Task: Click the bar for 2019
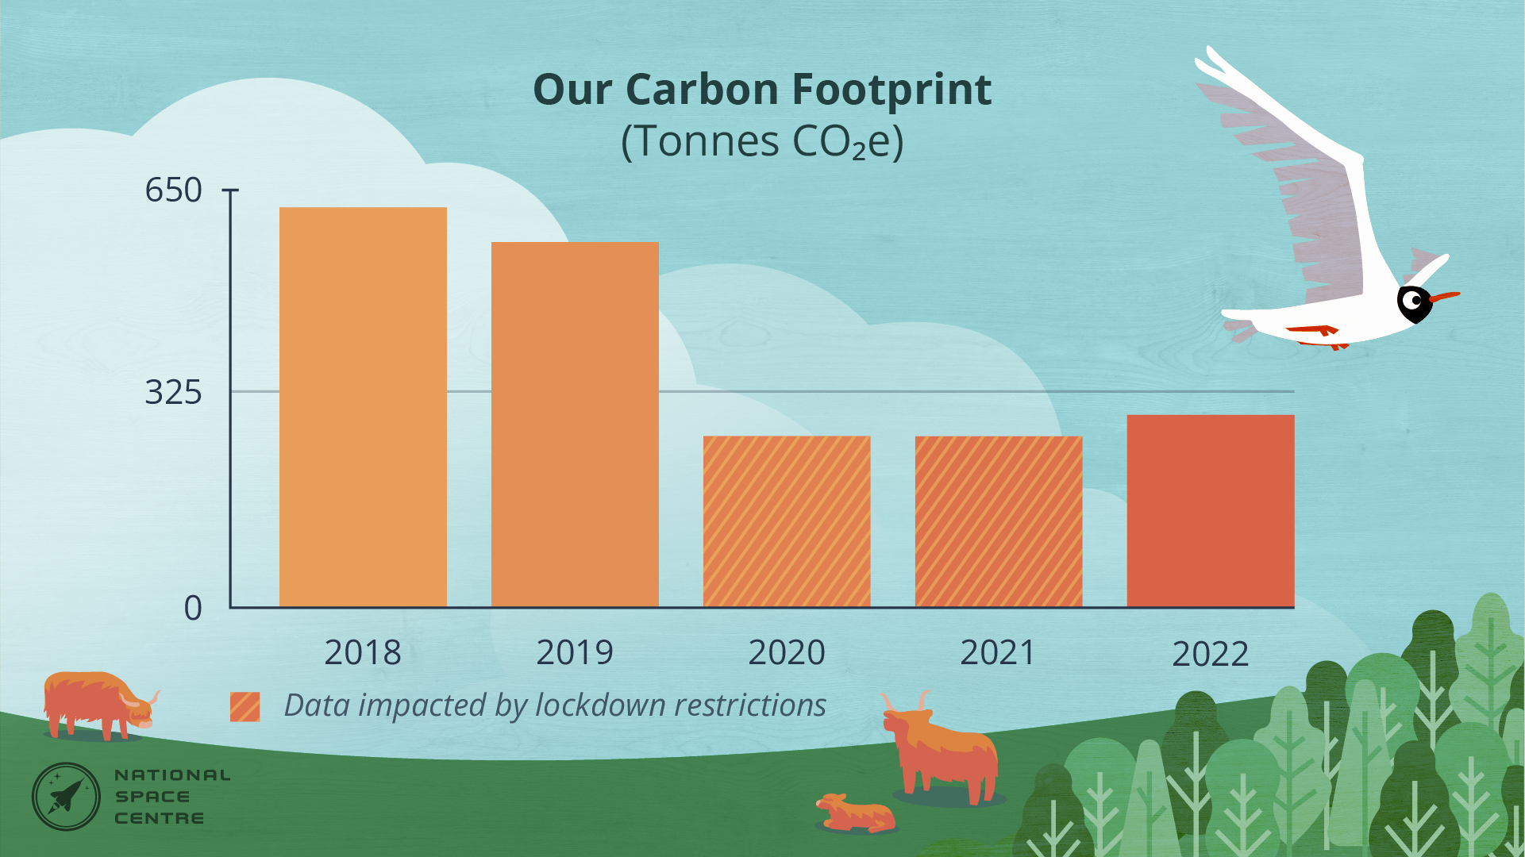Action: point(575,425)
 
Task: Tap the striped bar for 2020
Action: point(787,521)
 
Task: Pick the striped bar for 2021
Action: point(999,521)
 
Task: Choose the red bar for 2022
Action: point(1211,511)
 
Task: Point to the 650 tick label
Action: point(173,190)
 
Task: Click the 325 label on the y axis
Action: point(173,392)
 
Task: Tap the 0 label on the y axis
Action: point(193,609)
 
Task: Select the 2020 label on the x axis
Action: point(787,653)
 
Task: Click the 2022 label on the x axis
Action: point(1211,655)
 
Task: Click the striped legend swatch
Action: point(245,706)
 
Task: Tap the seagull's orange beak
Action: point(1445,298)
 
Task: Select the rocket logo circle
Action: point(66,797)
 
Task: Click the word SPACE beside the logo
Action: point(152,797)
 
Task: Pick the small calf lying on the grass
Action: point(856,813)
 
